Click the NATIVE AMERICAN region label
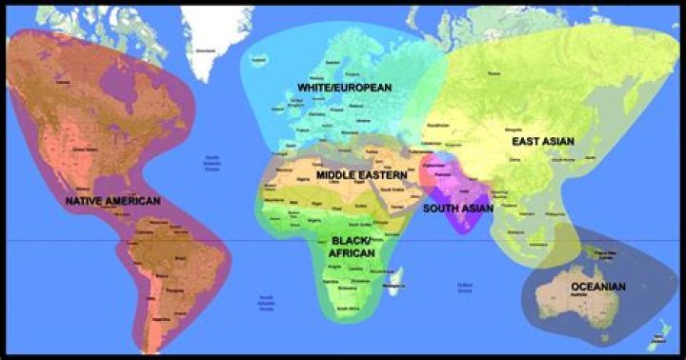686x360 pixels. (x=112, y=202)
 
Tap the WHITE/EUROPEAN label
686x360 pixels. (x=344, y=88)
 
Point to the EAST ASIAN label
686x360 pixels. (x=543, y=142)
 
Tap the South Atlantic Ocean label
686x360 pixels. (x=268, y=303)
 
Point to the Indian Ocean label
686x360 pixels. (x=464, y=286)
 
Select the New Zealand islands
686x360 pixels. (x=657, y=333)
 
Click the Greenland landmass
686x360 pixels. (x=212, y=38)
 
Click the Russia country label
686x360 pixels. (x=494, y=72)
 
